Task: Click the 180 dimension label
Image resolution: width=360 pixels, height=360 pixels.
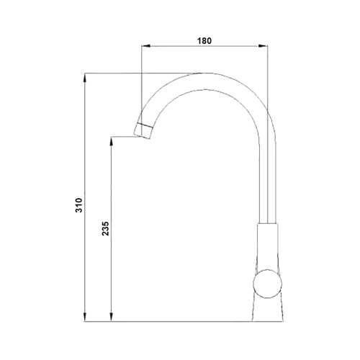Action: pyautogui.click(x=204, y=41)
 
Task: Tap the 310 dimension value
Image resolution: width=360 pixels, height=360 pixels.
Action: pyautogui.click(x=79, y=205)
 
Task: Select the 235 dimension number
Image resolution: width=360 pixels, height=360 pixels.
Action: pyautogui.click(x=106, y=228)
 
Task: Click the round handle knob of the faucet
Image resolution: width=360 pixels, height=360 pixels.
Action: pyautogui.click(x=267, y=284)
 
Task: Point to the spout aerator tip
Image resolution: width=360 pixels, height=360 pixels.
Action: pyautogui.click(x=143, y=131)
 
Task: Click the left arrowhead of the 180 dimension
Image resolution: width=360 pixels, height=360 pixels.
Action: pyautogui.click(x=145, y=45)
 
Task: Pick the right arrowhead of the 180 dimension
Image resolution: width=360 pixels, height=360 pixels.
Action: pyautogui.click(x=263, y=45)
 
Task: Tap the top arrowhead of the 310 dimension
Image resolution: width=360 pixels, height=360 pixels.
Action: pyautogui.click(x=84, y=78)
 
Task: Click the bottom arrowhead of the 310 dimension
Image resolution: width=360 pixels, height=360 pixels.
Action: pyautogui.click(x=84, y=317)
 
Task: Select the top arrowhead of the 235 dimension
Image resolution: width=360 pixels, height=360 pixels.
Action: pyautogui.click(x=111, y=141)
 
